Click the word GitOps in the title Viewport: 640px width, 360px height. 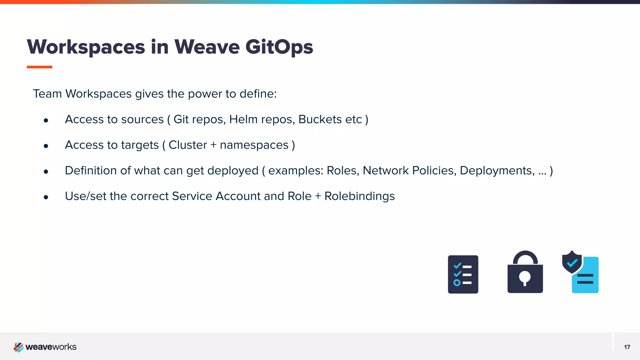click(x=279, y=47)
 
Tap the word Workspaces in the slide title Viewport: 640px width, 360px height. click(x=86, y=47)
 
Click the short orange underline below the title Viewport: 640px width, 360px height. click(x=39, y=67)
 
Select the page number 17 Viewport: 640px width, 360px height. click(x=627, y=347)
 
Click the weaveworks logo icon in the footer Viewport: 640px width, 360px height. click(x=18, y=347)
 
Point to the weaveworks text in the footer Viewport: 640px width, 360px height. click(x=51, y=347)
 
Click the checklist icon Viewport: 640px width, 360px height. click(x=463, y=274)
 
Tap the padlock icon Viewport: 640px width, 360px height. click(x=525, y=272)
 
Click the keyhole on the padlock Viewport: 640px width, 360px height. click(x=525, y=277)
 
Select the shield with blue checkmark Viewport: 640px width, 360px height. click(x=572, y=262)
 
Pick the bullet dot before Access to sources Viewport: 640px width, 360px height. click(x=46, y=120)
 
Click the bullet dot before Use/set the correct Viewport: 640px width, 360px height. click(x=46, y=197)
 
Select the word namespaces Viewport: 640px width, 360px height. click(x=254, y=145)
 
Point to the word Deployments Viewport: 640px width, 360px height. click(x=497, y=171)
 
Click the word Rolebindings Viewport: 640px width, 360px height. click(x=359, y=196)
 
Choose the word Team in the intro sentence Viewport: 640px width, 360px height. click(x=47, y=94)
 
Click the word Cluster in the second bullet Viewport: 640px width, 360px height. click(x=187, y=145)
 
